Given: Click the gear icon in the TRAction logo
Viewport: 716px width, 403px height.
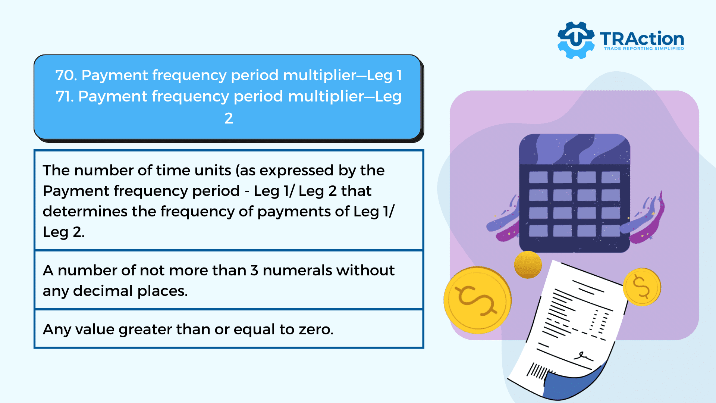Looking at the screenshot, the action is click(576, 40).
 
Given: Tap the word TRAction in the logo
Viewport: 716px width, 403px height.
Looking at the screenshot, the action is click(642, 39).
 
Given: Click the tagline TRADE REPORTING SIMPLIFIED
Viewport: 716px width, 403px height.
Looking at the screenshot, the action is click(644, 49).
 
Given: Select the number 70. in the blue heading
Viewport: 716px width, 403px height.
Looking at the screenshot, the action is click(66, 75).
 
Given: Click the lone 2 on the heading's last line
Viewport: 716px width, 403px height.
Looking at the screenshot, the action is click(229, 118).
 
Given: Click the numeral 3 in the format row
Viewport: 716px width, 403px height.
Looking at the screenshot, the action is click(254, 271).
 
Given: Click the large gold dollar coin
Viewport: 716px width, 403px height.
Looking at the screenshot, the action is click(477, 300).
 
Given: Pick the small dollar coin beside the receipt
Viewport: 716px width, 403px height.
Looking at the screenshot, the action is click(641, 287).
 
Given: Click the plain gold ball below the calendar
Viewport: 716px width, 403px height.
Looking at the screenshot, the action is click(528, 265).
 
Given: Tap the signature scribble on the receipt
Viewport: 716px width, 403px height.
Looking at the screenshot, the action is click(582, 356).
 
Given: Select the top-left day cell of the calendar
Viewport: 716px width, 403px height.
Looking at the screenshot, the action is click(538, 177).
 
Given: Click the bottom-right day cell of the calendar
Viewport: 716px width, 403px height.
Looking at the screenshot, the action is click(611, 231).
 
